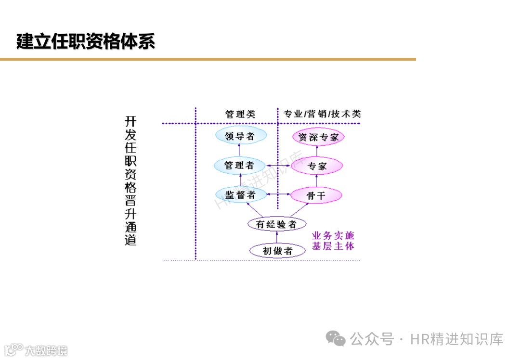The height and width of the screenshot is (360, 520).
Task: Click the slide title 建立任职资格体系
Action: click(x=86, y=41)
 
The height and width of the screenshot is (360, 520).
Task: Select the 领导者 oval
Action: click(x=241, y=136)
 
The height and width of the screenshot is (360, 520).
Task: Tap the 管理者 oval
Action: click(x=239, y=166)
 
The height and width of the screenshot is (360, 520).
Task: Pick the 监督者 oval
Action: click(x=241, y=194)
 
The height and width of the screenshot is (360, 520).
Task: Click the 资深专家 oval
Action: click(x=318, y=137)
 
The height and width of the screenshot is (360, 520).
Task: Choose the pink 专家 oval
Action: click(x=317, y=166)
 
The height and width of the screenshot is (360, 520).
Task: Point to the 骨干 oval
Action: click(x=316, y=195)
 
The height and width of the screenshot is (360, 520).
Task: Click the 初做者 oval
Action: click(x=277, y=251)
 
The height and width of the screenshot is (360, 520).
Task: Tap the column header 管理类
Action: click(x=240, y=114)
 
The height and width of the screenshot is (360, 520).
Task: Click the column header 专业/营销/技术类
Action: click(x=322, y=114)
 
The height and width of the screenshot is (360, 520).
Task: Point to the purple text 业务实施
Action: click(x=333, y=236)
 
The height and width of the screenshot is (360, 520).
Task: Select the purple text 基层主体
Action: click(x=333, y=246)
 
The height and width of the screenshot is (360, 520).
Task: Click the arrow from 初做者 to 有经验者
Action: click(x=277, y=237)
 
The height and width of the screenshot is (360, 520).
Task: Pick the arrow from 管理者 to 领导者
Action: click(x=240, y=151)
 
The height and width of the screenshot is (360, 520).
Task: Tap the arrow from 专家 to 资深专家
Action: click(x=317, y=151)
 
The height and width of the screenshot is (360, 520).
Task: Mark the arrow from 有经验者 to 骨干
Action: click(x=299, y=210)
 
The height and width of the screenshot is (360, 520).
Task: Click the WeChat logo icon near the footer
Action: click(x=336, y=339)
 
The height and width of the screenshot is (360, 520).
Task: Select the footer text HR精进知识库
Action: click(x=456, y=339)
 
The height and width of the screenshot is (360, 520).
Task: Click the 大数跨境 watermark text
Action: click(x=46, y=350)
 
